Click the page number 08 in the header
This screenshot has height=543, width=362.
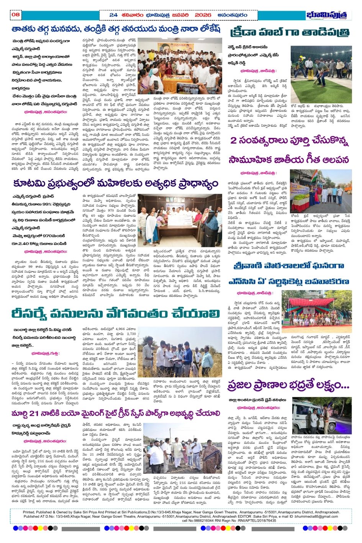coord(16,15)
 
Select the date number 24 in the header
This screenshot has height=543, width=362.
coord(113,15)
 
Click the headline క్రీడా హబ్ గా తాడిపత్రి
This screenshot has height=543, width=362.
coord(290,33)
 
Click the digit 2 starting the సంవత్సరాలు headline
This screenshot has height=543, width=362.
coord(233,141)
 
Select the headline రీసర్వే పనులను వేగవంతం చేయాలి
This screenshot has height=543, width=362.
coord(115,312)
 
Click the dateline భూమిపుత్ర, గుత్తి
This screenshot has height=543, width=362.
coord(45,353)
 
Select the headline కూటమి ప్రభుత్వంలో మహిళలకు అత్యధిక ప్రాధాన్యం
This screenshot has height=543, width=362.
coord(115,184)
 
